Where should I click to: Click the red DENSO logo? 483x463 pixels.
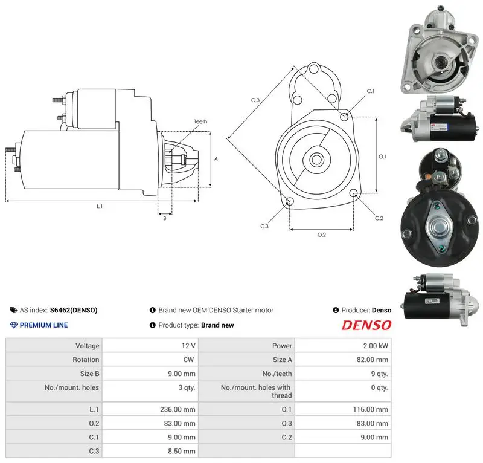click(366, 325)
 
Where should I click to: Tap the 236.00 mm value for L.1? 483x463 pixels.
click(178, 409)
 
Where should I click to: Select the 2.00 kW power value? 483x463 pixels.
click(376, 346)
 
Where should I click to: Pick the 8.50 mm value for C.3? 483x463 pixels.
click(182, 452)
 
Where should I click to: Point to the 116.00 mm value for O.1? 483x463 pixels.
click(370, 409)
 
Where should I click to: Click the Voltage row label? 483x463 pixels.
click(88, 346)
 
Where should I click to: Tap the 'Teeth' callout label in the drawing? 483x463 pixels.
click(200, 121)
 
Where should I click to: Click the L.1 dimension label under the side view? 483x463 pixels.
click(100, 206)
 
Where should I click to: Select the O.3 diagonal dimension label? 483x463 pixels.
click(255, 100)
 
